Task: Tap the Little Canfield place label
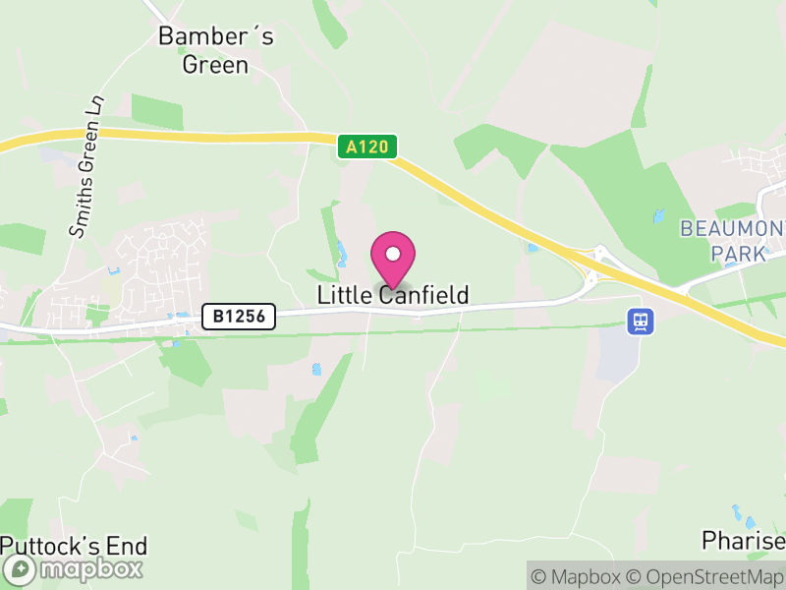(393, 295)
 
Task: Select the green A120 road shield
(368, 147)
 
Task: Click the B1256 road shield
(239, 316)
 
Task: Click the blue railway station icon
(641, 321)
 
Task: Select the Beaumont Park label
(732, 241)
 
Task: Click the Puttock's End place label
(74, 546)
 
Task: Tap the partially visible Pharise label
(744, 541)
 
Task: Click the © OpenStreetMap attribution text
(705, 576)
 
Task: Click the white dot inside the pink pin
(393, 253)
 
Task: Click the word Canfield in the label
(422, 295)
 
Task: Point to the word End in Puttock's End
(126, 546)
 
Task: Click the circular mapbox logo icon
(19, 569)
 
